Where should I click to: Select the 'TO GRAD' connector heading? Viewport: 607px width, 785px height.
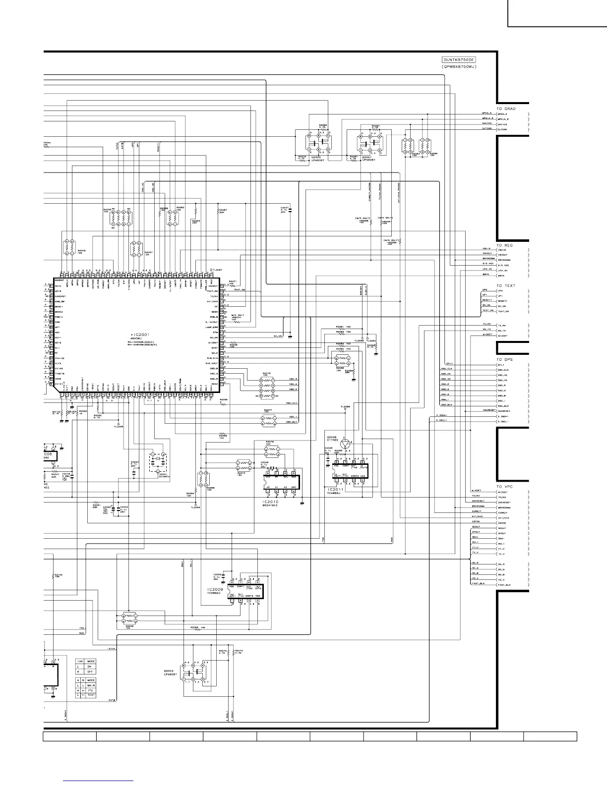tap(506, 109)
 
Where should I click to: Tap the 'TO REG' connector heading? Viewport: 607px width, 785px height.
tap(505, 245)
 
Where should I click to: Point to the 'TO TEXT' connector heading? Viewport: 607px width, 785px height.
tap(506, 286)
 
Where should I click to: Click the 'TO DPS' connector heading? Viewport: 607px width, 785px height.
tap(505, 359)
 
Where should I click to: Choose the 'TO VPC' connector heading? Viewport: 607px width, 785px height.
tap(505, 487)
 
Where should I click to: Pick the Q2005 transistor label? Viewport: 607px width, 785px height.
tap(317, 157)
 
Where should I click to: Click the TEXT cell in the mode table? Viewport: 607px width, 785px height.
tap(91, 695)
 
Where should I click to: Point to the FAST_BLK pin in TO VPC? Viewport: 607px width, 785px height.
tap(504, 585)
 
